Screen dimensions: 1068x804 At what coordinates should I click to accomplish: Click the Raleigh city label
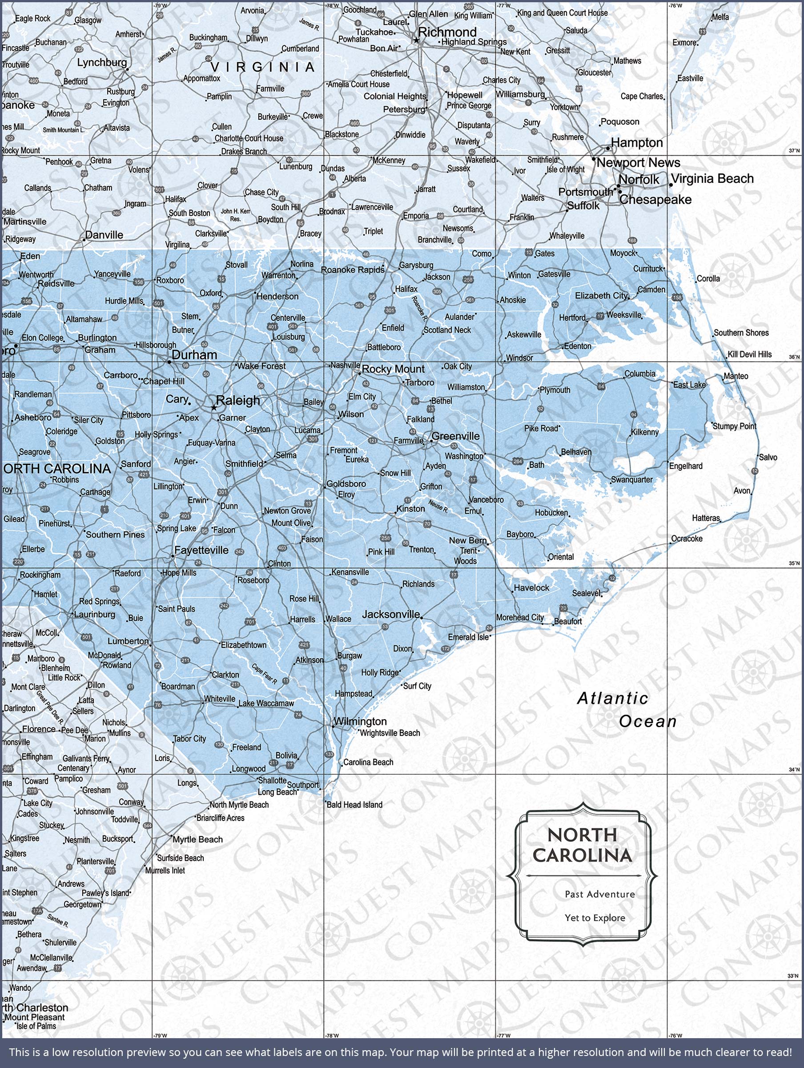click(x=238, y=400)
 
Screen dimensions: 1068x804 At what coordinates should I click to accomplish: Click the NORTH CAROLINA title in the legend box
click(x=582, y=845)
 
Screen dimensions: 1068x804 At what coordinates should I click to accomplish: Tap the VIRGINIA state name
click(x=263, y=67)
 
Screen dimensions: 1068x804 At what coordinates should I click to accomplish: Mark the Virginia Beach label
click(x=712, y=178)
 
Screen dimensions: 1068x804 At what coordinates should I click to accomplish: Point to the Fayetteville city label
click(x=201, y=550)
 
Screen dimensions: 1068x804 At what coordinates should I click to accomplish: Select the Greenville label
click(x=455, y=436)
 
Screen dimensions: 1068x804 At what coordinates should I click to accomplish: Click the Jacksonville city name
click(x=391, y=614)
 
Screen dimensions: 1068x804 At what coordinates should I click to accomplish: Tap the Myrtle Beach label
click(x=198, y=840)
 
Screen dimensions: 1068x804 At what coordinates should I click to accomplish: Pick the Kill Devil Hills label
click(x=750, y=354)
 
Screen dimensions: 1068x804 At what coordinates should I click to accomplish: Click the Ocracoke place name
click(x=687, y=539)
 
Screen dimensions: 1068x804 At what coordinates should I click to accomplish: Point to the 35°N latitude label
click(x=794, y=563)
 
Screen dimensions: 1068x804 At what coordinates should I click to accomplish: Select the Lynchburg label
click(x=102, y=62)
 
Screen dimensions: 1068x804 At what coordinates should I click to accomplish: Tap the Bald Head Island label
click(x=354, y=805)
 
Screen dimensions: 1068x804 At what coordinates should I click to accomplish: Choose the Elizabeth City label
click(x=601, y=295)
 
